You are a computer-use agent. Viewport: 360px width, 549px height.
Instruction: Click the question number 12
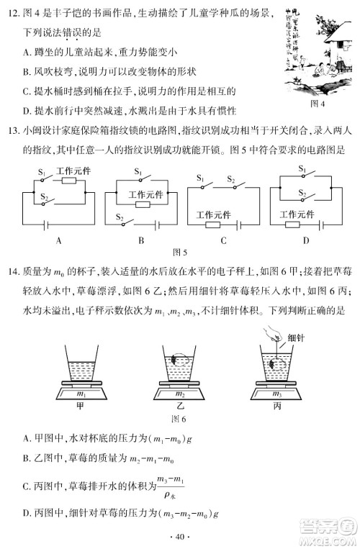(12, 9)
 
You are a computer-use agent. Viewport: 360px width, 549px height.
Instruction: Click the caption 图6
(179, 419)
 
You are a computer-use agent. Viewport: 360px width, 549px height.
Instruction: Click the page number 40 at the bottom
(180, 534)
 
